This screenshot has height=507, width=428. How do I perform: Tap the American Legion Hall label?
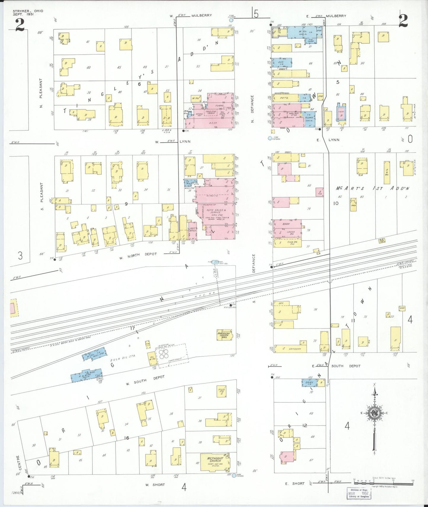224,335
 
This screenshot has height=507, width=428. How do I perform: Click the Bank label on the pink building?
286,224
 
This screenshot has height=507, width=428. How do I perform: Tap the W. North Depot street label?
138,256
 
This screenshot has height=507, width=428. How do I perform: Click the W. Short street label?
155,485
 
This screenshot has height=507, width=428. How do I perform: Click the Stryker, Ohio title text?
28,12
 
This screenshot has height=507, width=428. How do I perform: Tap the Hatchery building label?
295,349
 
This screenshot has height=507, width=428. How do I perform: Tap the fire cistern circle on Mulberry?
231,20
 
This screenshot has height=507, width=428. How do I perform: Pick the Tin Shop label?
310,41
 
